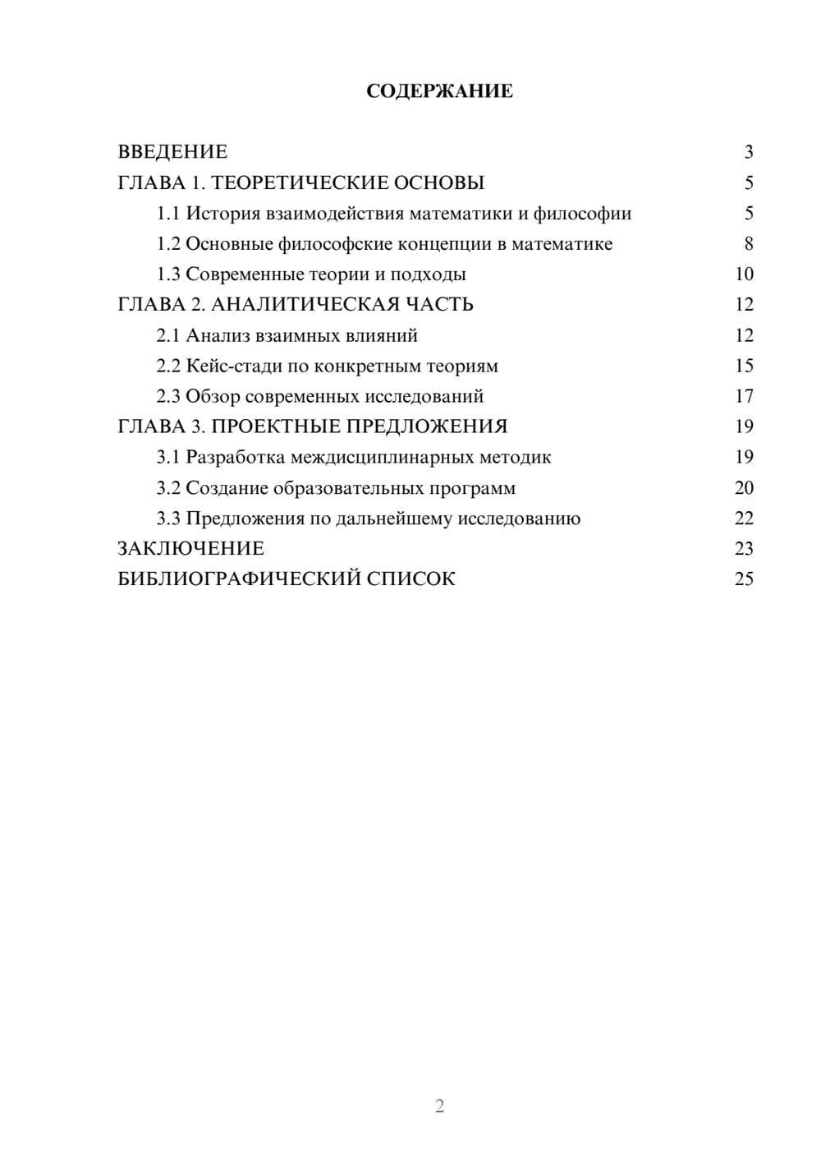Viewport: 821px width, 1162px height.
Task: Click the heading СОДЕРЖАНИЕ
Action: click(439, 91)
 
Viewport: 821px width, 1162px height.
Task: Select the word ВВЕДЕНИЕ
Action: click(172, 152)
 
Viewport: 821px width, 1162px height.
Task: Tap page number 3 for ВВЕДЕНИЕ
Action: click(748, 152)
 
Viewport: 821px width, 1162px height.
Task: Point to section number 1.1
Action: click(168, 214)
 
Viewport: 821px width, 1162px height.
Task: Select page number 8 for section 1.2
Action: click(748, 244)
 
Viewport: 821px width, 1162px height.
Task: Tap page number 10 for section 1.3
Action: click(744, 274)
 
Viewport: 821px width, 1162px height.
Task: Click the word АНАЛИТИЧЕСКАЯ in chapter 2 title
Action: click(302, 305)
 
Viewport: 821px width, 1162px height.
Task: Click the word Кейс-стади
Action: click(228, 366)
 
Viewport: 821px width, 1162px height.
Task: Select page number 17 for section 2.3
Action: click(744, 396)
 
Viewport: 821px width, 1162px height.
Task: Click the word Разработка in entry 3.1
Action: click(235, 457)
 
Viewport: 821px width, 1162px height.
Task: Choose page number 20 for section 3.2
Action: click(744, 488)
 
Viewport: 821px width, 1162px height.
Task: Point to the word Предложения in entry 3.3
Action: click(245, 519)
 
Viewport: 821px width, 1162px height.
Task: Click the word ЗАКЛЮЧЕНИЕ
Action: click(190, 548)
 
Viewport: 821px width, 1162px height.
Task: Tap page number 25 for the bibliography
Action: click(744, 579)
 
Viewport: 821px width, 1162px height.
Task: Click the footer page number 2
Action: click(439, 1106)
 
